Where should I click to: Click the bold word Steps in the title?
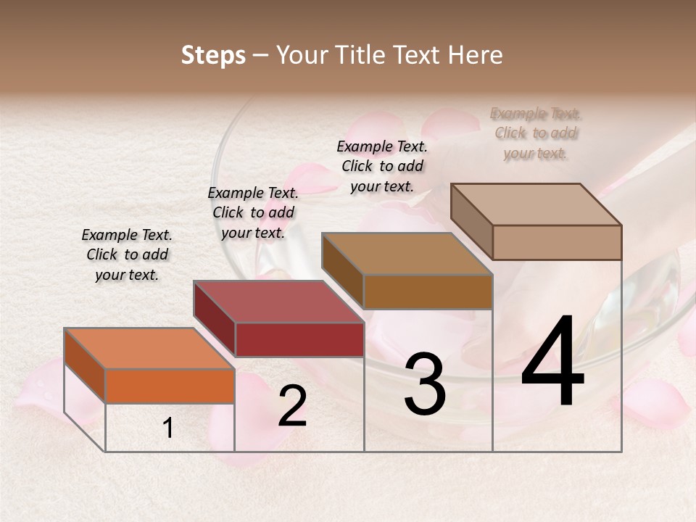tap(213, 55)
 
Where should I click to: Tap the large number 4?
tap(552, 362)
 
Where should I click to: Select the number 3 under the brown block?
tap(424, 384)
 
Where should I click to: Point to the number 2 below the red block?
tap(292, 407)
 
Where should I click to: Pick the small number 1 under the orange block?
tap(168, 428)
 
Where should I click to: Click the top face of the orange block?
tap(149, 349)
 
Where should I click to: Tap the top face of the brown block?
tap(406, 254)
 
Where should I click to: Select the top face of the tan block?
tap(536, 204)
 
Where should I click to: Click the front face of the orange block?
tap(170, 386)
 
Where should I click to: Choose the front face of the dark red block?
tap(299, 339)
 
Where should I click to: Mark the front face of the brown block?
tap(428, 291)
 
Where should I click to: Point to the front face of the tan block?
tap(557, 242)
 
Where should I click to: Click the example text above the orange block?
tap(127, 255)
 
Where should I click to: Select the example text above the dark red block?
tap(253, 213)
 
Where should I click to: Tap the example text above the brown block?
tap(382, 166)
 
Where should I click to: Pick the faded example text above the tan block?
tap(536, 133)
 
